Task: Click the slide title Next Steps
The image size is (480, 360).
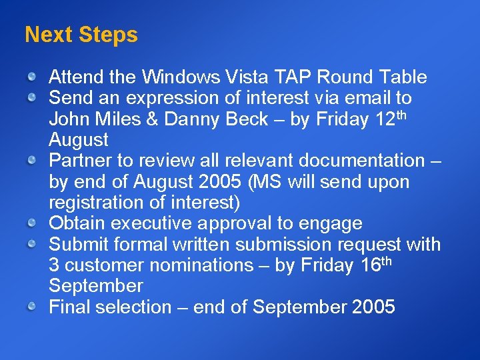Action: pyautogui.click(x=81, y=35)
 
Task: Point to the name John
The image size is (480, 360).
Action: pyautogui.click(x=70, y=119)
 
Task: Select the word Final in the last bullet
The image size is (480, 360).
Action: pyautogui.click(x=70, y=307)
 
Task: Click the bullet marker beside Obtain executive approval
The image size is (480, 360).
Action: pyautogui.click(x=32, y=224)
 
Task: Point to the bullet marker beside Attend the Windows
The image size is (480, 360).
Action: pyautogui.click(x=32, y=78)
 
